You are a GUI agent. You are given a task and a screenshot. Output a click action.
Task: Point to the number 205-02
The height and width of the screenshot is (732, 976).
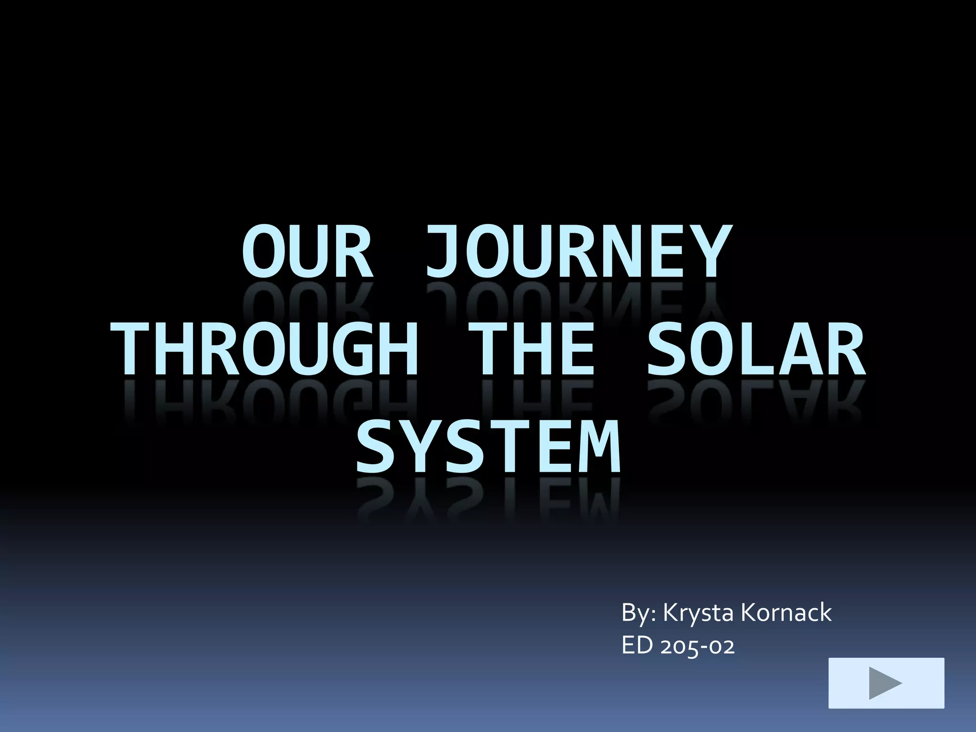(698, 647)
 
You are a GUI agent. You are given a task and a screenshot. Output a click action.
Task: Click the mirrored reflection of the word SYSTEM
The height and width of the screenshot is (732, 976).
(488, 500)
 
